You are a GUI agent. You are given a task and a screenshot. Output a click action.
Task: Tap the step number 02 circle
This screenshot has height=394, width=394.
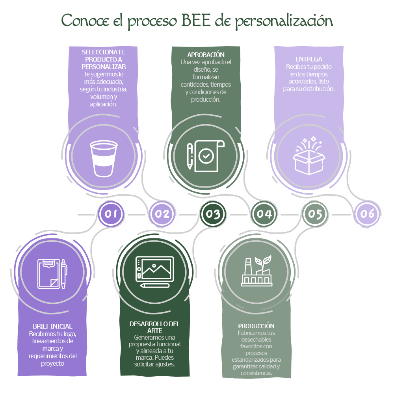[x=162, y=214]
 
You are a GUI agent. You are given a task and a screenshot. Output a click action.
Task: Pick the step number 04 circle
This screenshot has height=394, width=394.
[x=264, y=214]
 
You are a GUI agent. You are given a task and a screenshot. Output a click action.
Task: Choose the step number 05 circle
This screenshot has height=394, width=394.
[x=315, y=214]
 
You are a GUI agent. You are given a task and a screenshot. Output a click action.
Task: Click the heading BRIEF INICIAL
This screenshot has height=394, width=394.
[x=52, y=326]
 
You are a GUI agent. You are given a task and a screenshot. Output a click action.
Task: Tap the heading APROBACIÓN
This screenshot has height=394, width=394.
[x=206, y=55]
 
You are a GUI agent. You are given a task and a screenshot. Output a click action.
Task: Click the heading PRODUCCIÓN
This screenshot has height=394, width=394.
[x=256, y=326]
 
